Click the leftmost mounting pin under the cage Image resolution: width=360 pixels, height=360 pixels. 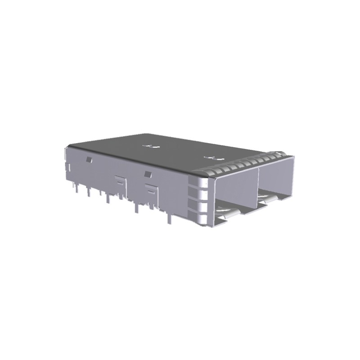[77, 191]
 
